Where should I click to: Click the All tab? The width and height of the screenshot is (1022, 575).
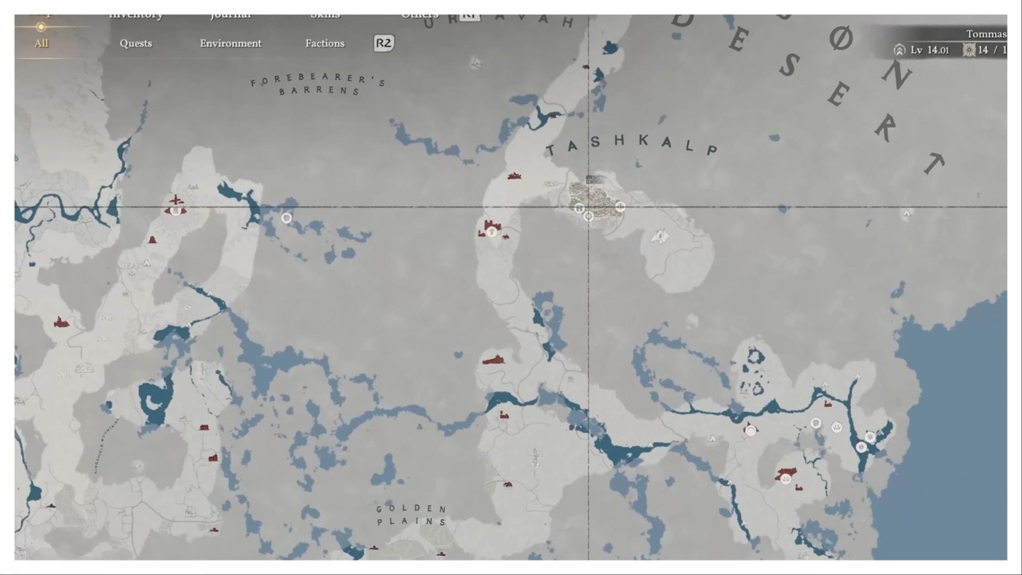click(x=42, y=44)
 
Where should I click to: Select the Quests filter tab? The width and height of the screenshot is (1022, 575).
click(x=136, y=44)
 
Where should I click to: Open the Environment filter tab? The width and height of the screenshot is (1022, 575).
click(x=230, y=44)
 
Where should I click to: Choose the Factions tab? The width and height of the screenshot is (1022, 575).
click(x=325, y=44)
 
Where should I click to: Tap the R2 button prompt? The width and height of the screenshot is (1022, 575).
click(x=383, y=43)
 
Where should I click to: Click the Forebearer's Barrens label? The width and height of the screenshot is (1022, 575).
click(x=318, y=84)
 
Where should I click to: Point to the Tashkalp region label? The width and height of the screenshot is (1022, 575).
click(x=631, y=144)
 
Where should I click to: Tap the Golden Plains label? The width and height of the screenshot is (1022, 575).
click(x=411, y=515)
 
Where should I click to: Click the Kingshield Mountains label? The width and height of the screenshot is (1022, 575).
click(x=106, y=446)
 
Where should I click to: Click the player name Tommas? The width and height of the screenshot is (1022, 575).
click(x=986, y=34)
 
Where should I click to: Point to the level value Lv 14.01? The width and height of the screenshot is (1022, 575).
click(x=929, y=50)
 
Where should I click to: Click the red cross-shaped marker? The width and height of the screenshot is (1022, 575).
click(x=175, y=200)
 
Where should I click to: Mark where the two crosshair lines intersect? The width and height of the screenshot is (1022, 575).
click(x=588, y=207)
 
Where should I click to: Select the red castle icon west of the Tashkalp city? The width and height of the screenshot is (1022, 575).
click(x=491, y=228)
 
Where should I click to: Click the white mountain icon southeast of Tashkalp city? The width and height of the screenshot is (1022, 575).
click(x=661, y=236)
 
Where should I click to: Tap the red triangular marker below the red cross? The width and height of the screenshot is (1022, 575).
click(x=153, y=240)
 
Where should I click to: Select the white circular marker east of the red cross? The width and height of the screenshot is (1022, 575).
click(x=286, y=218)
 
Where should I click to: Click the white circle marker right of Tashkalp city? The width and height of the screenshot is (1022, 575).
click(x=620, y=207)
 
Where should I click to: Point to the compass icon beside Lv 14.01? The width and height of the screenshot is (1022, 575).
click(x=899, y=50)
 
